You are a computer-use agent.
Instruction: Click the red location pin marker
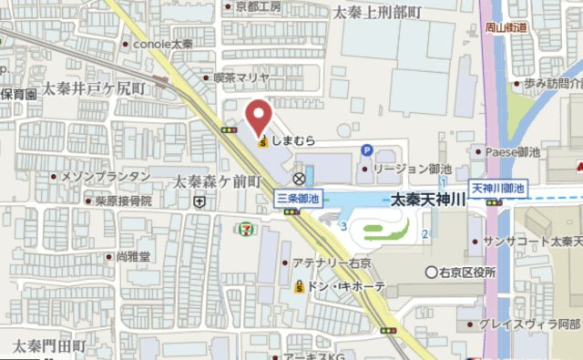tap(259, 116)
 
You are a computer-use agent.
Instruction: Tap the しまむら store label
tap(294, 141)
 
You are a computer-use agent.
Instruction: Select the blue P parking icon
tap(367, 150)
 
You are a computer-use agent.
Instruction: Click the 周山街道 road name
tap(506, 27)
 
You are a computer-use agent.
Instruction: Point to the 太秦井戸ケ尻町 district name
tap(99, 88)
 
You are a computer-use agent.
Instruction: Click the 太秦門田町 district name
tap(48, 346)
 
